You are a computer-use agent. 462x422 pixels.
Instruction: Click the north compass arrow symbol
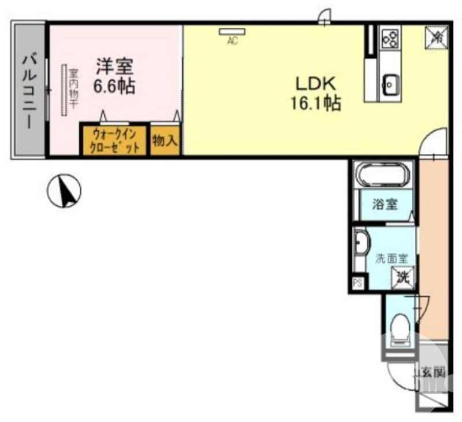point(65,191)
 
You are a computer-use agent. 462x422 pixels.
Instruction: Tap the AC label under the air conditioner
point(233,40)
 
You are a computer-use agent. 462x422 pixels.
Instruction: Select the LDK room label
point(316,84)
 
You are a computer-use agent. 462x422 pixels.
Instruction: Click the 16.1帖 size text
point(316,103)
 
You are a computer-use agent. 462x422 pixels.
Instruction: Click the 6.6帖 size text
point(114,86)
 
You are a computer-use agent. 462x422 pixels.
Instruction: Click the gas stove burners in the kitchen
point(391,38)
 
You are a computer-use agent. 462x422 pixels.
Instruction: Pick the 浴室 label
point(385,204)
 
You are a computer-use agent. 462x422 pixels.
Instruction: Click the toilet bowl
point(400,328)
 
